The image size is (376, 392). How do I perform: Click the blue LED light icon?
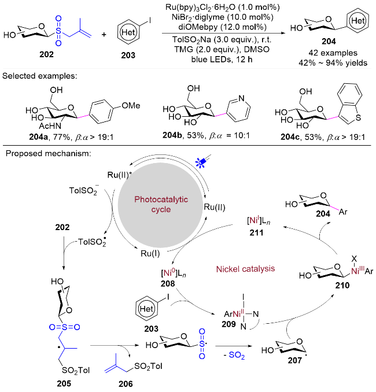(x=203, y=161)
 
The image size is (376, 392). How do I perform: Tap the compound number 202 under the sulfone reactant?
(x=46, y=54)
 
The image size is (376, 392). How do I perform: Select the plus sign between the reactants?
(x=104, y=35)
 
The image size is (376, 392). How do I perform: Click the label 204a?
(x=38, y=137)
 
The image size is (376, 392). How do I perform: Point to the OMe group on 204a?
(x=131, y=105)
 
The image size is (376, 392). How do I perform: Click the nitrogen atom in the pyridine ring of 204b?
(x=241, y=98)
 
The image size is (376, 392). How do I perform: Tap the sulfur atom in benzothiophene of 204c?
(x=358, y=117)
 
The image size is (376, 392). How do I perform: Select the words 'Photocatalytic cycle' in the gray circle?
(x=161, y=204)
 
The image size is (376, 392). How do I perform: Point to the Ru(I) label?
(x=150, y=253)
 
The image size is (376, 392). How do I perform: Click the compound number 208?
(x=168, y=283)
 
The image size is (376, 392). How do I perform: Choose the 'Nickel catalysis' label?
(x=245, y=269)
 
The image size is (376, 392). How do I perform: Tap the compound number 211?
(x=256, y=233)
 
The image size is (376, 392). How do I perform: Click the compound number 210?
(x=342, y=285)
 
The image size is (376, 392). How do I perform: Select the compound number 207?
(x=294, y=360)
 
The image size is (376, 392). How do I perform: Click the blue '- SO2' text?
(x=234, y=355)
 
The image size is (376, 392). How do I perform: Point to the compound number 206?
(x=126, y=384)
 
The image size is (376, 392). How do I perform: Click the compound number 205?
(x=64, y=383)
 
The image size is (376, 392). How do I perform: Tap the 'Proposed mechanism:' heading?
(x=48, y=153)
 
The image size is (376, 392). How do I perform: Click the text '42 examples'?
(x=333, y=53)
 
